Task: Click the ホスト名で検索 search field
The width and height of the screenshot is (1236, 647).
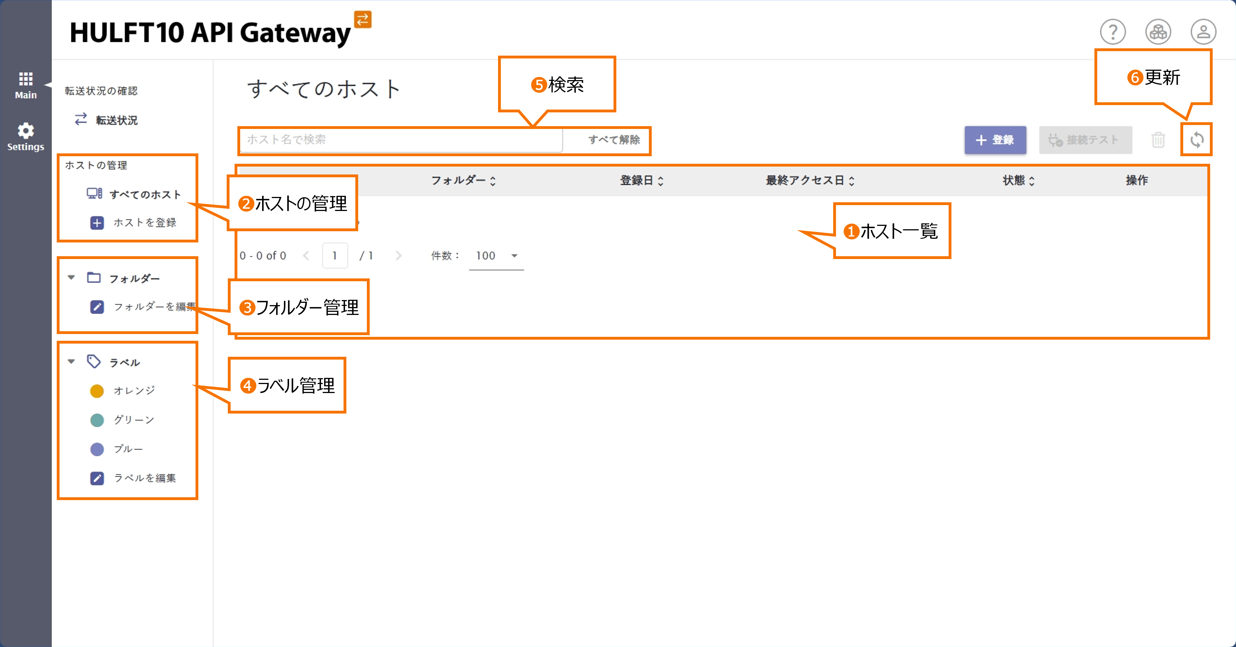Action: pyautogui.click(x=400, y=140)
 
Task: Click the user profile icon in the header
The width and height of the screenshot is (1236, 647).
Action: pyautogui.click(x=1203, y=32)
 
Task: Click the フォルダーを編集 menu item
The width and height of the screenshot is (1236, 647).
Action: pyautogui.click(x=154, y=307)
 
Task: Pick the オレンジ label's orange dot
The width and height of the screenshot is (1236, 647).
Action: pyautogui.click(x=97, y=391)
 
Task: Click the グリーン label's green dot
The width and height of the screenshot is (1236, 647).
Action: pyautogui.click(x=97, y=420)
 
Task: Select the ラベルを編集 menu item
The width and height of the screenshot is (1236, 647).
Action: pyautogui.click(x=144, y=478)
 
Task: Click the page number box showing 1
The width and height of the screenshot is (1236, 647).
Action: pyautogui.click(x=335, y=256)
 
